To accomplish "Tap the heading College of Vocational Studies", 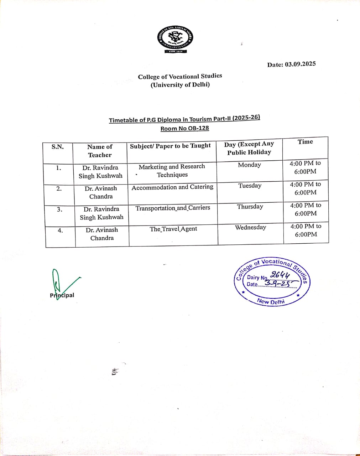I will click(x=180, y=76).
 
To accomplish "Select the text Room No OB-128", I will click(x=184, y=128).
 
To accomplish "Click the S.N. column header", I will click(x=58, y=147).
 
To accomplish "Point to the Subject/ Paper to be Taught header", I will click(x=170, y=146).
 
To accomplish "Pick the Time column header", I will click(x=305, y=142).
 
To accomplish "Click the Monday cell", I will click(x=249, y=165).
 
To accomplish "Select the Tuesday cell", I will click(x=250, y=186).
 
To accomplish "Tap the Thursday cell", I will click(x=250, y=207).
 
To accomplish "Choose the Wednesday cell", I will click(x=250, y=227).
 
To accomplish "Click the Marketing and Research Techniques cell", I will click(x=172, y=171).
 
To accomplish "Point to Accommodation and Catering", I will click(x=172, y=187).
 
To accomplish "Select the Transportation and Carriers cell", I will click(x=173, y=208).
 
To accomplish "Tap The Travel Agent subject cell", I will click(x=173, y=229).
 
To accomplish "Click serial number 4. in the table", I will click(x=60, y=231).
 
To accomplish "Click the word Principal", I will click(x=62, y=295).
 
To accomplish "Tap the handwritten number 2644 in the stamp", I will click(x=280, y=275).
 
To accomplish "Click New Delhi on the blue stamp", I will click(x=271, y=301).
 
